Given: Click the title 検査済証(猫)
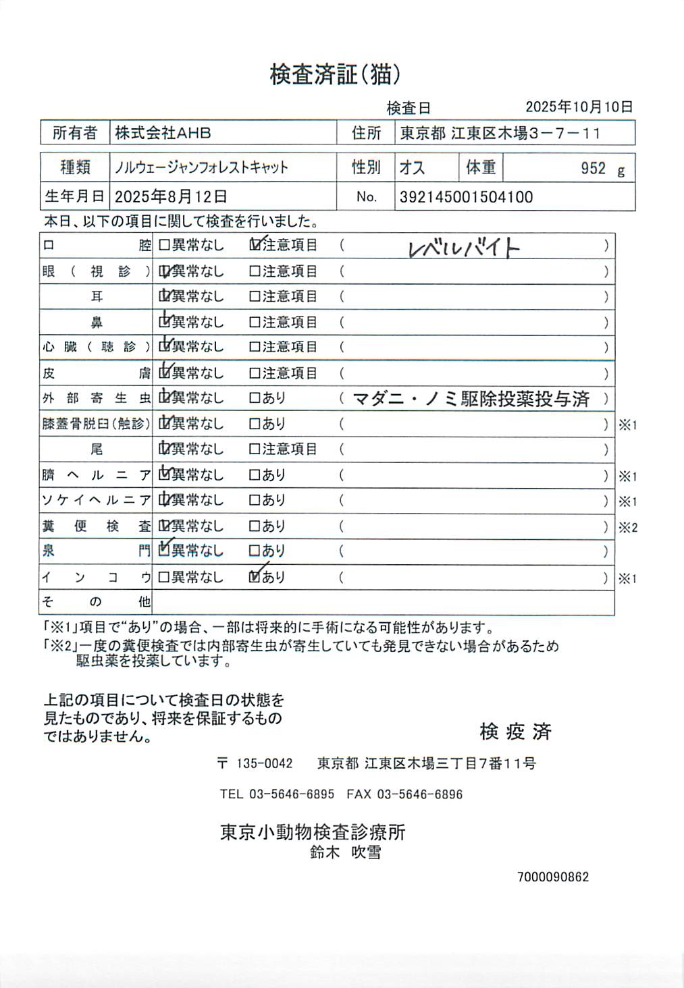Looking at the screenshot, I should coord(335,75).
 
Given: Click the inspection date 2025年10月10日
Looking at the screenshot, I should coord(579,107).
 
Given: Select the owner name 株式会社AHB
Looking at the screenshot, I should coord(163,133).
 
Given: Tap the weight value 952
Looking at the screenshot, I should coord(593,168).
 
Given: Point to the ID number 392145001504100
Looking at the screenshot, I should coord(466,197).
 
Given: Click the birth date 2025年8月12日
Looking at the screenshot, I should coord(171,196).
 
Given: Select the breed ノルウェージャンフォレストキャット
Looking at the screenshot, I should coord(201,167).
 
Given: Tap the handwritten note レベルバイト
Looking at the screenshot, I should coord(464,248).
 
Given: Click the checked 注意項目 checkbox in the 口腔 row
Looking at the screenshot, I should coord(255,245).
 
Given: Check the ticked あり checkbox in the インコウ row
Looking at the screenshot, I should coord(255,577).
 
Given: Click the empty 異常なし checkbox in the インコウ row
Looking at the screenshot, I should coord(164,577).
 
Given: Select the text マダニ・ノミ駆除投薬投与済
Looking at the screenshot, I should coord(471,399).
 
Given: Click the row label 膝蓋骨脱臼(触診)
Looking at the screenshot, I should coord(96,424).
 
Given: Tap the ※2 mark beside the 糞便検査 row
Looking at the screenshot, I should coord(627,528).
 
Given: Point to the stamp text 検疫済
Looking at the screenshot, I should coord(515,732).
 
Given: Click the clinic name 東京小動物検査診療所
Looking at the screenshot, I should coord(313,832).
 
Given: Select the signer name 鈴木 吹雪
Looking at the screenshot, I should coord(346,852).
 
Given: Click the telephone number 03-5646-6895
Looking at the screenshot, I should coord(291,794).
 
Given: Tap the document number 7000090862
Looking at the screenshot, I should coord(553,877).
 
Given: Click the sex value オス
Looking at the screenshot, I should coord(412,167).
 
